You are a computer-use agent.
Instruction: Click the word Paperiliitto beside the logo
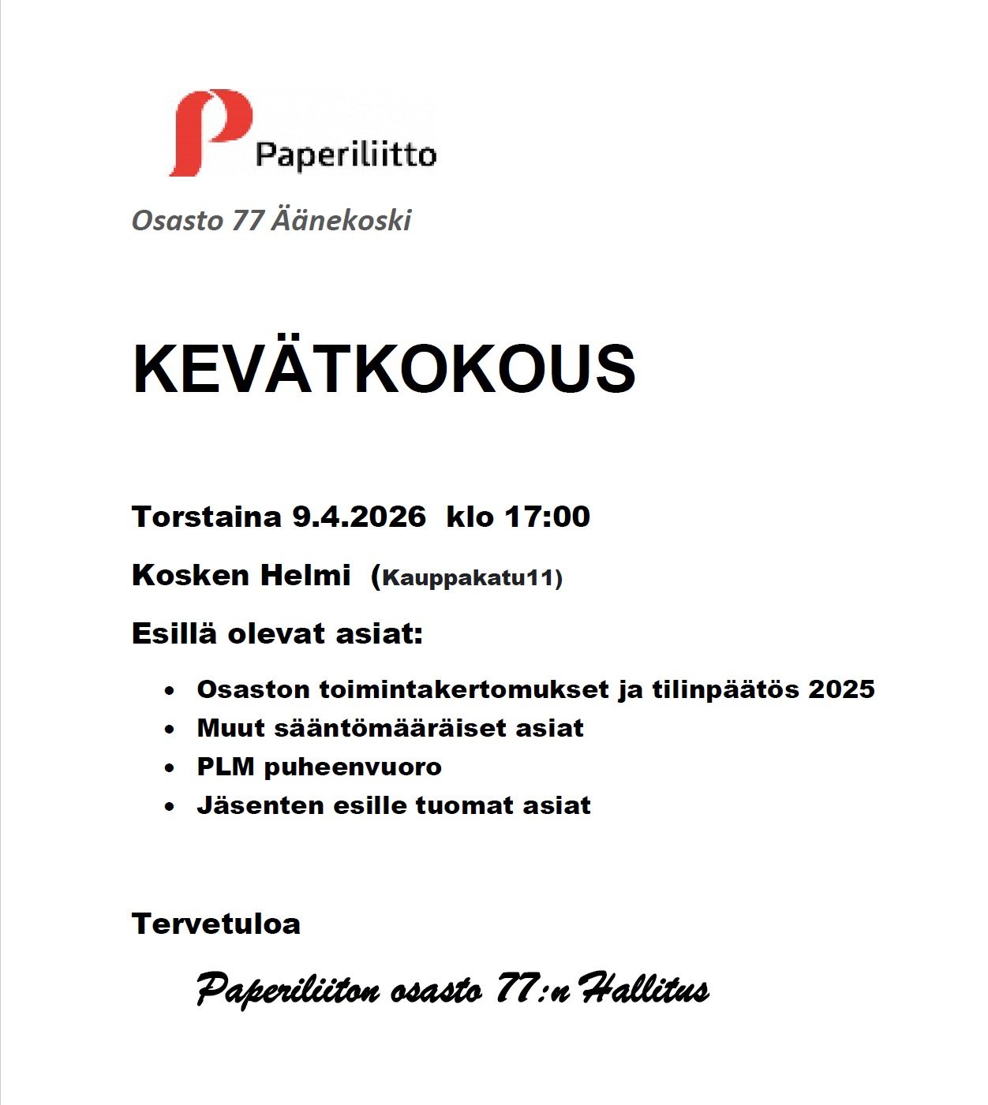click(x=346, y=155)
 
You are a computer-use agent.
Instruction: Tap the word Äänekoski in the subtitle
click(x=341, y=220)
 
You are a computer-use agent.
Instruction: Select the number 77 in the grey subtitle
click(x=247, y=220)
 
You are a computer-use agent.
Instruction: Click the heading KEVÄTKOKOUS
click(x=384, y=369)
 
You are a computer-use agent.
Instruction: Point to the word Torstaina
click(x=207, y=517)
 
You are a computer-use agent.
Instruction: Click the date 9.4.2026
click(x=359, y=517)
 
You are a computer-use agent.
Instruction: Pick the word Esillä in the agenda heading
click(x=174, y=633)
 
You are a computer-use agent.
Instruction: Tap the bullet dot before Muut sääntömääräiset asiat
click(x=169, y=730)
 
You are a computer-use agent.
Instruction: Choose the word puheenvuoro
click(x=353, y=767)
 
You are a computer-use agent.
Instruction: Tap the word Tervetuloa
click(x=216, y=924)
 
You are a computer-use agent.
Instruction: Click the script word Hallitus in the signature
click(x=644, y=989)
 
